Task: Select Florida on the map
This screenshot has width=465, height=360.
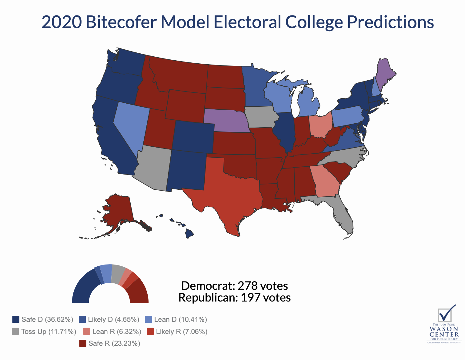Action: [343, 212]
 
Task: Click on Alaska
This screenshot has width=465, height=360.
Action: [118, 212]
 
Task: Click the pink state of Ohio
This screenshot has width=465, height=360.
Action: [320, 124]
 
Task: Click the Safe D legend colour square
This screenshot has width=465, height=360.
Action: [16, 319]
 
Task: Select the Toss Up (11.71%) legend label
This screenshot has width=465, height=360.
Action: [49, 332]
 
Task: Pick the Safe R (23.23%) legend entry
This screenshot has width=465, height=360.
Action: [114, 343]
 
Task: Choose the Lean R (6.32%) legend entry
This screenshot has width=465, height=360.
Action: [117, 332]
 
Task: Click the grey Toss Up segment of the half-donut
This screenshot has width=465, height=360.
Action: [117, 274]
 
